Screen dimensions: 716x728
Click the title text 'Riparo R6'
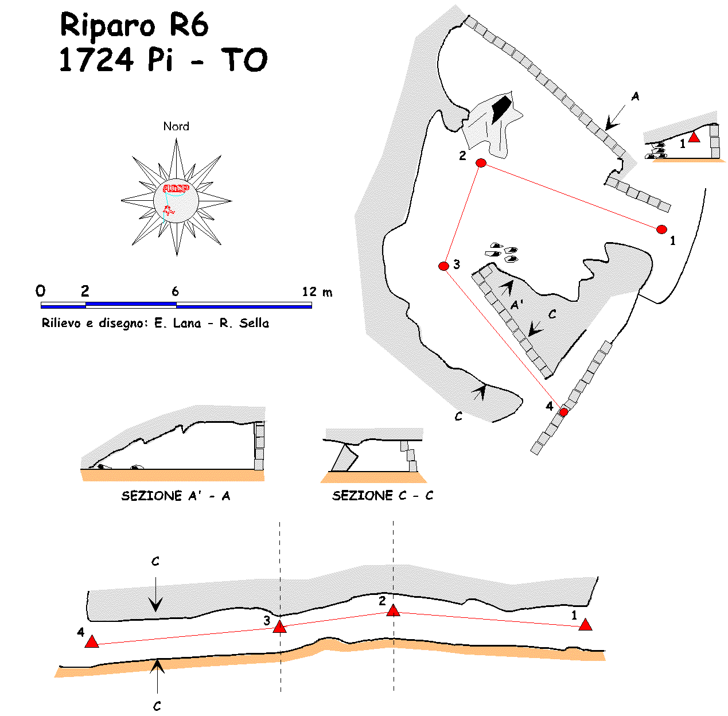click(x=134, y=26)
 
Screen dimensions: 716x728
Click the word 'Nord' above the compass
click(x=176, y=126)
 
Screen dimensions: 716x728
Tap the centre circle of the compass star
click(x=176, y=201)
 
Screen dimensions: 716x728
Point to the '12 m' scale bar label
click(x=317, y=292)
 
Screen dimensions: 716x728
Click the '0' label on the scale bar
click(x=40, y=291)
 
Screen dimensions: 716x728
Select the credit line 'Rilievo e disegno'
click(x=155, y=323)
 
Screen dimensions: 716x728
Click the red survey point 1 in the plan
click(x=661, y=229)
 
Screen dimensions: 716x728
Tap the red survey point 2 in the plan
click(x=481, y=164)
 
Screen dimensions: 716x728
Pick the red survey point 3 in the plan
click(x=443, y=266)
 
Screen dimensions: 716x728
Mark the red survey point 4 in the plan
click(x=563, y=412)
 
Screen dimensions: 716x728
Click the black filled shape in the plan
click(x=501, y=108)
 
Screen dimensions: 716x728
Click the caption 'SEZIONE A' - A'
click(x=176, y=496)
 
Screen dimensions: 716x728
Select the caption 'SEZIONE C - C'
click(x=383, y=496)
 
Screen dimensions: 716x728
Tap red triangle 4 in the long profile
click(x=92, y=642)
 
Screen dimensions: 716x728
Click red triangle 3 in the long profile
click(x=279, y=627)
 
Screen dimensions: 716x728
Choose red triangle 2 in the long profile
click(x=393, y=610)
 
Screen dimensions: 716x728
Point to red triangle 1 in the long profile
click(x=585, y=625)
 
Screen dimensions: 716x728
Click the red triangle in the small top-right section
click(x=694, y=137)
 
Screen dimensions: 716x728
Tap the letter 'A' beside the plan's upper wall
click(x=635, y=96)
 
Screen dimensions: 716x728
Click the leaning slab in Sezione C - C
click(x=343, y=459)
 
